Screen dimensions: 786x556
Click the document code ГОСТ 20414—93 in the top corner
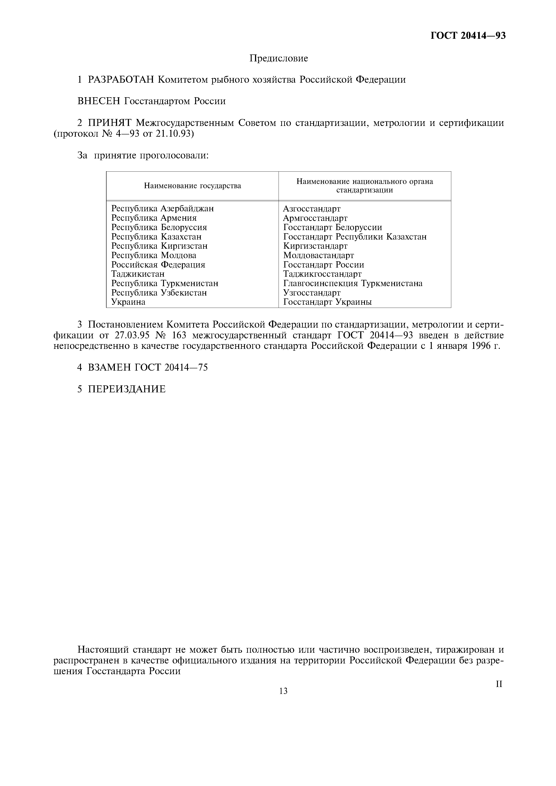click(x=468, y=36)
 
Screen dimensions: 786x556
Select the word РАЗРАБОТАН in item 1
click(x=121, y=80)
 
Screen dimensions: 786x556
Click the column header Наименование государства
click(x=192, y=186)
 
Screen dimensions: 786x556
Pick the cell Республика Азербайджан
click(x=162, y=208)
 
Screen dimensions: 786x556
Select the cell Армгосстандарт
click(x=315, y=218)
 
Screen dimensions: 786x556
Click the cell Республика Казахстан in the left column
click(x=156, y=237)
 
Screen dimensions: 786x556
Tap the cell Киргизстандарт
click(x=315, y=246)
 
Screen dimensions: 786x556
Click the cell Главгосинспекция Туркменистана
click(x=353, y=283)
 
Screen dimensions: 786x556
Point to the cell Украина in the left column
click(x=128, y=302)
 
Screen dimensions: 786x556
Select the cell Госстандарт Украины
click(x=327, y=302)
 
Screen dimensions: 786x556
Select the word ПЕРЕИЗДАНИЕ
click(x=127, y=389)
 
